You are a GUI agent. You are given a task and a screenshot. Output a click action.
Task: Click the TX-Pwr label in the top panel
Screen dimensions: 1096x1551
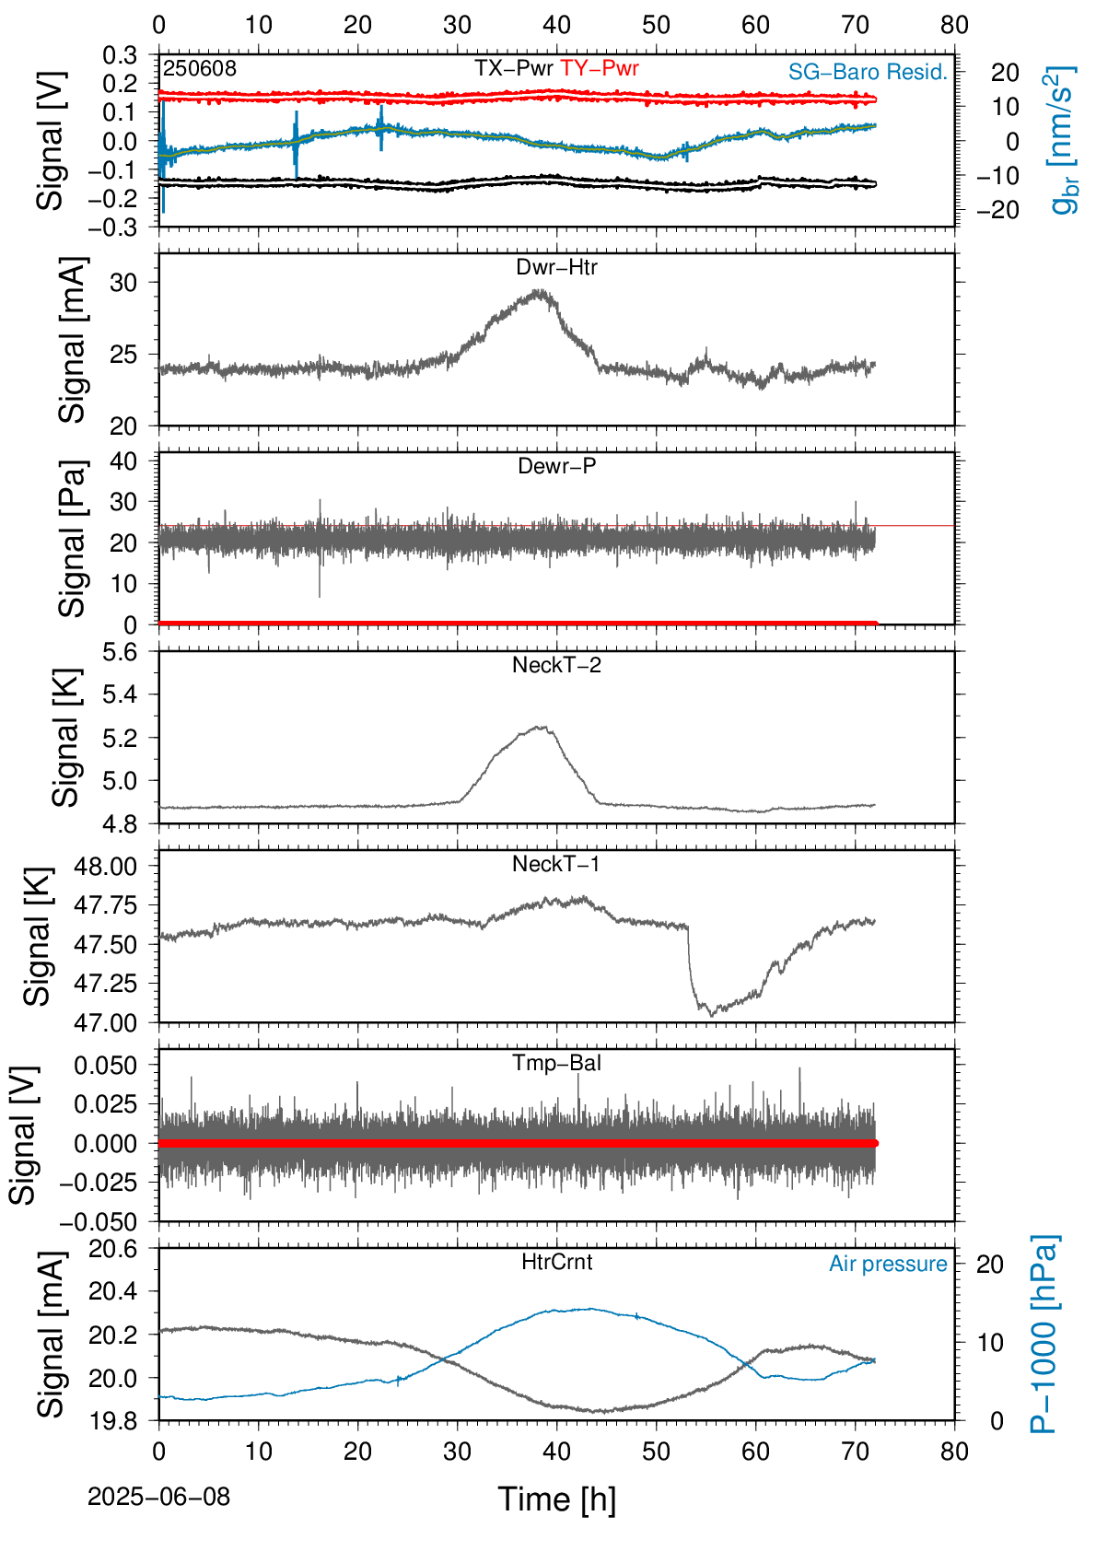click(513, 68)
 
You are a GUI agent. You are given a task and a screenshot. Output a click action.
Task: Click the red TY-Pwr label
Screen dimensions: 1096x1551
click(599, 68)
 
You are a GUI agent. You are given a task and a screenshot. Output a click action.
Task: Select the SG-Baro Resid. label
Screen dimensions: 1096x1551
click(868, 72)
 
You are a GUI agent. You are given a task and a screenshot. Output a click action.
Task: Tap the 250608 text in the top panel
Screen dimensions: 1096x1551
click(200, 68)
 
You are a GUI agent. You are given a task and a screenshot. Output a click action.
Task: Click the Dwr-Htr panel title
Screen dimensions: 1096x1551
click(556, 267)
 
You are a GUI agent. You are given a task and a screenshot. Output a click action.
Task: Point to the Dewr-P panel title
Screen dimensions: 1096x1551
click(556, 466)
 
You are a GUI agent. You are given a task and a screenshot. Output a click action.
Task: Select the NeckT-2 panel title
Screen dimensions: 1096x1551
click(556, 665)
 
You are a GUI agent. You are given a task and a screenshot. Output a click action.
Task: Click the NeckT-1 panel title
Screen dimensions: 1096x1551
click(556, 863)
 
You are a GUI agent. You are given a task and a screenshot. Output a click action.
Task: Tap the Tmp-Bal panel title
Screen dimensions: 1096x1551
click(556, 1062)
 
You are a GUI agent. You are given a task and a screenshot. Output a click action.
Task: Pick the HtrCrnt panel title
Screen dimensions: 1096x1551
click(556, 1262)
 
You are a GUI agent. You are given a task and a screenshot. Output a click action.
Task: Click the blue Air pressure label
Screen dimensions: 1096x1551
click(888, 1265)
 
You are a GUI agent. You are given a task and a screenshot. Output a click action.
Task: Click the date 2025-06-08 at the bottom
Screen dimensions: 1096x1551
click(158, 1497)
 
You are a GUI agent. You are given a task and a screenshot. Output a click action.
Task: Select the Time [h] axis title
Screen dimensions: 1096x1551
click(556, 1499)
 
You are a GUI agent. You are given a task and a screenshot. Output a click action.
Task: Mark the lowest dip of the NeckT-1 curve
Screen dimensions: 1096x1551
click(713, 1015)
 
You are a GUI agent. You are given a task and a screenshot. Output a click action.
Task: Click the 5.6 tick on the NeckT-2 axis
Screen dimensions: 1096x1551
click(119, 652)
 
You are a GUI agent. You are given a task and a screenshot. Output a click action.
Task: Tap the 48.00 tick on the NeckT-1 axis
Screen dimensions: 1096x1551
click(105, 866)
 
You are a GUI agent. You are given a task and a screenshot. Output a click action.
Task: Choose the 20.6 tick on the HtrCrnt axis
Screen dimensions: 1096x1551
click(113, 1249)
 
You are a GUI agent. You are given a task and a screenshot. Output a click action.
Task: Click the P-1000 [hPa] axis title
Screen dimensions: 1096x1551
click(1044, 1334)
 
